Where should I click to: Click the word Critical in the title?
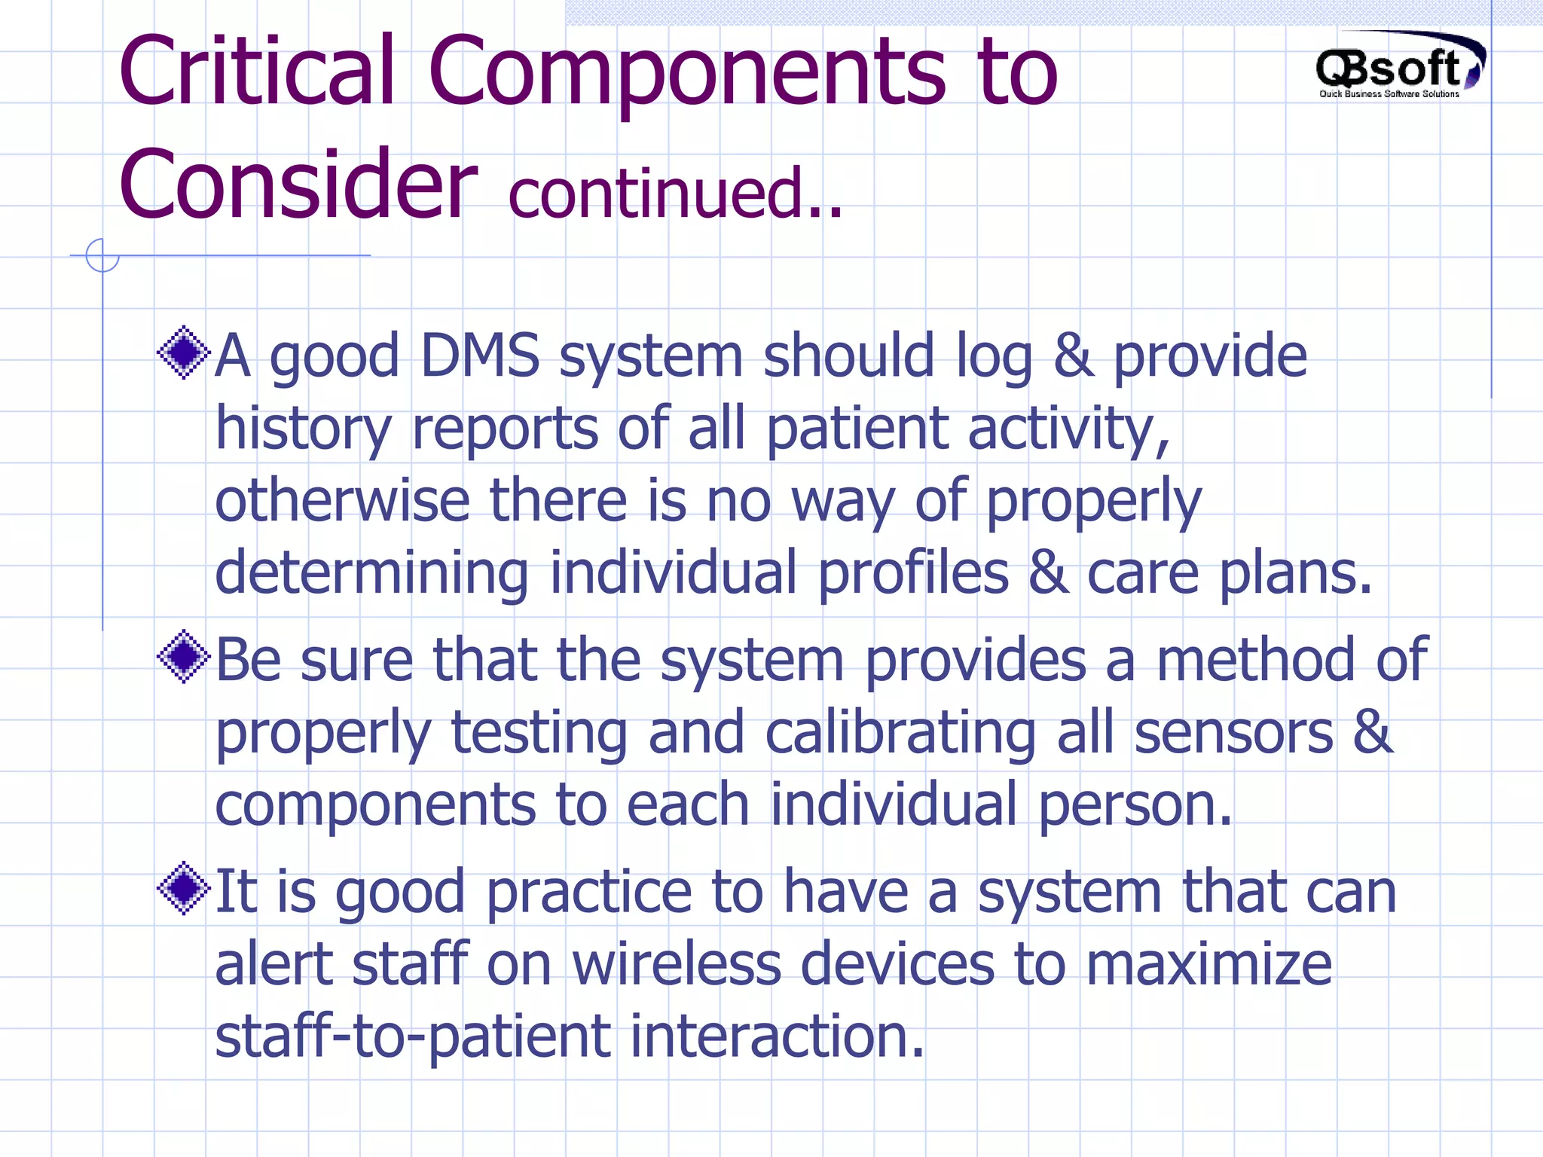coord(257,72)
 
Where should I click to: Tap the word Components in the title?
coord(686,72)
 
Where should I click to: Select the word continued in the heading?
coord(655,194)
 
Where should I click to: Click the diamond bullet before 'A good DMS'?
coord(183,353)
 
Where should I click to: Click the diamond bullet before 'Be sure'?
coord(183,657)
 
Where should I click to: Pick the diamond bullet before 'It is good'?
coord(183,889)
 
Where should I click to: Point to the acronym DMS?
coord(480,356)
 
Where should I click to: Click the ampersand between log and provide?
coord(1073,356)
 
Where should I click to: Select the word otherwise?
coord(342,501)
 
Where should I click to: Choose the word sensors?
coord(1233,734)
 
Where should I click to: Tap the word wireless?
coord(676,964)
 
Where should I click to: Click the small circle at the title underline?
coord(102,255)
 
